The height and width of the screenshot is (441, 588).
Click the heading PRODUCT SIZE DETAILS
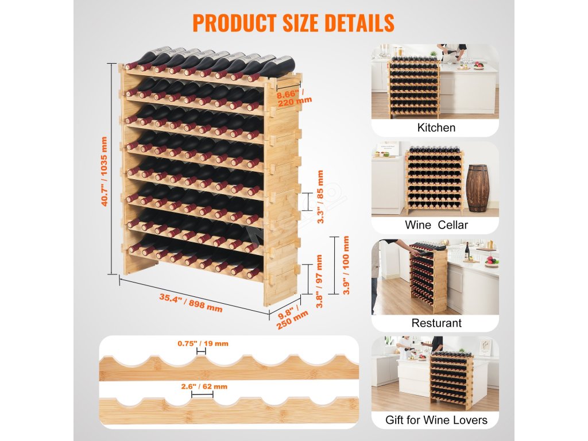[293, 22]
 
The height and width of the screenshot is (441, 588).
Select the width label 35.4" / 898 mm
[190, 303]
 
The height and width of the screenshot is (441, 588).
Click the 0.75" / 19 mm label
[203, 343]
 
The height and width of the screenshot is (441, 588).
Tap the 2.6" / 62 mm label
[202, 386]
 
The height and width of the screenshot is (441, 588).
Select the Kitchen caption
[436, 127]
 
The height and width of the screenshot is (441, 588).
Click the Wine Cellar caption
[436, 225]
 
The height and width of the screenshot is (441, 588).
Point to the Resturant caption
[436, 323]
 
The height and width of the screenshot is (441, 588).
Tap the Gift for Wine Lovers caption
[436, 420]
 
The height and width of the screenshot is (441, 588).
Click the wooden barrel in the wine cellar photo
[477, 188]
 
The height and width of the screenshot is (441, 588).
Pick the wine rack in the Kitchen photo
[415, 86]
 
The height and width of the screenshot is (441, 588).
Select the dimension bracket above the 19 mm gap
[202, 351]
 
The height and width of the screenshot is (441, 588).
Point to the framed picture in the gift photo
[485, 347]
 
